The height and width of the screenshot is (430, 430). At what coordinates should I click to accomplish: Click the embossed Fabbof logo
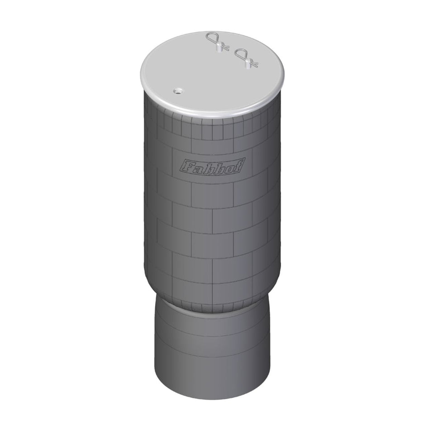212,166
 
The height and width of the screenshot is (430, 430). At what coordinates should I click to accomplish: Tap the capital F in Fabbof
186,168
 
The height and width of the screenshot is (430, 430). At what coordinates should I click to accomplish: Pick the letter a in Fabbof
197,168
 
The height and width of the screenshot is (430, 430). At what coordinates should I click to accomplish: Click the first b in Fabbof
208,167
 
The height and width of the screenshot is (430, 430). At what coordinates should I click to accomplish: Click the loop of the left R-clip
212,38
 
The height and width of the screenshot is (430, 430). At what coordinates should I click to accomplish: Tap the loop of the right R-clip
240,55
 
